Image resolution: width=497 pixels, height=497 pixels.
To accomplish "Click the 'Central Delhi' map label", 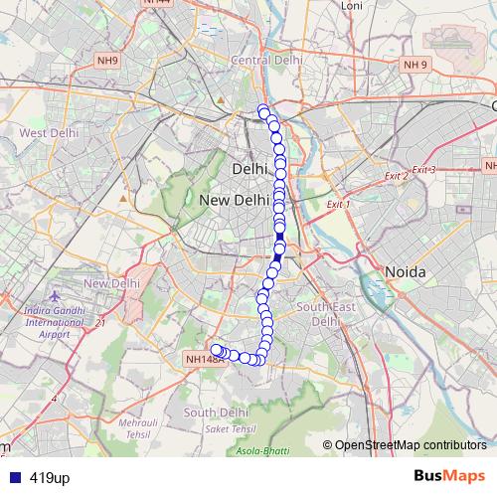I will click(x=265, y=60).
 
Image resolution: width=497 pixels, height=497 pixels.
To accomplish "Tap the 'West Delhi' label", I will click(x=48, y=132).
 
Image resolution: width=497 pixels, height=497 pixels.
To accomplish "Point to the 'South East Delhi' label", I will click(x=326, y=314).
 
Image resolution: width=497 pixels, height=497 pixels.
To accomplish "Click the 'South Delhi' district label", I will click(x=215, y=413).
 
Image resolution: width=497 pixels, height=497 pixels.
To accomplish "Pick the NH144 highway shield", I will click(x=158, y=3).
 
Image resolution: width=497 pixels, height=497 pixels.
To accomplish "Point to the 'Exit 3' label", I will click(x=424, y=170).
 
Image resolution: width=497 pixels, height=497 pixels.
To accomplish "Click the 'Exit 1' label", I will click(x=339, y=204).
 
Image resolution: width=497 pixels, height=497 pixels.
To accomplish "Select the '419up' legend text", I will click(x=50, y=477).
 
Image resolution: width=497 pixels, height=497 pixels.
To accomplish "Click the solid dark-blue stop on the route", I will click(x=278, y=258).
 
